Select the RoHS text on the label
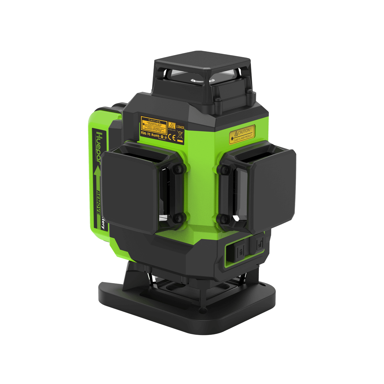156,135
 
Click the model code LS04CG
180,127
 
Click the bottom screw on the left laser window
179,219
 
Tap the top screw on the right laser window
224,169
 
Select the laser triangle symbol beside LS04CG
172,125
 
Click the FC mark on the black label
149,134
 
